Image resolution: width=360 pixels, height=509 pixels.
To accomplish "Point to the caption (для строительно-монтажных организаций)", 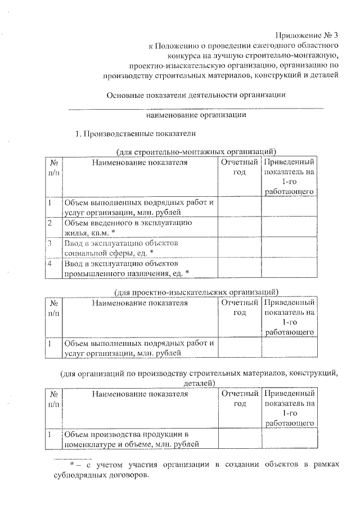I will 196,151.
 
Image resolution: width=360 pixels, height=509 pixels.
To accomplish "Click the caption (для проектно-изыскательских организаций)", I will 195,292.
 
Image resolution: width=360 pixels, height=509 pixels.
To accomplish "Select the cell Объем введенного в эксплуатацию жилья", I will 129,228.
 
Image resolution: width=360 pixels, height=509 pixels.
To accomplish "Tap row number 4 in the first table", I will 51,263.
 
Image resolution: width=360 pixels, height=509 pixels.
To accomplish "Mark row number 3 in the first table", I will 51,243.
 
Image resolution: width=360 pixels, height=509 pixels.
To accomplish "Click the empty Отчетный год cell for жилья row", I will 239,228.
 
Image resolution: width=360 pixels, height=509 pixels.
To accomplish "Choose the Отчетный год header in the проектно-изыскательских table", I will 239,308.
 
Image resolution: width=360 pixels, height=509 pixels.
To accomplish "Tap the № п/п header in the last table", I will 54,399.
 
